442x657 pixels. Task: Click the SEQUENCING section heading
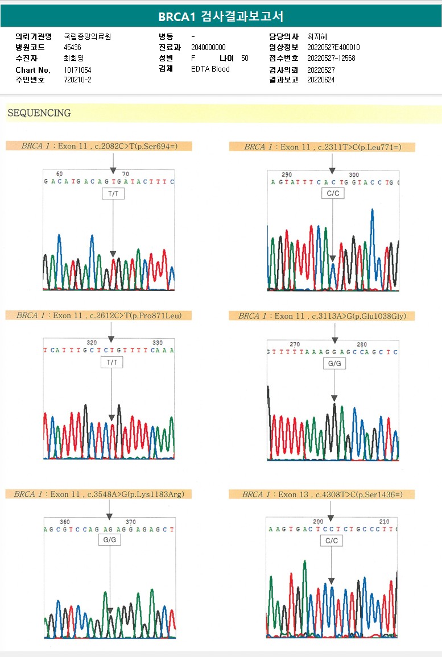(x=39, y=113)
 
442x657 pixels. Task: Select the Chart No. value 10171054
(x=77, y=70)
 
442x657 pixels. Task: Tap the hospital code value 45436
(x=72, y=47)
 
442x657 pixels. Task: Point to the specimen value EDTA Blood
(x=210, y=69)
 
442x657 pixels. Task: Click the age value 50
(x=245, y=58)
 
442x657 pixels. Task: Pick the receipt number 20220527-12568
(x=331, y=58)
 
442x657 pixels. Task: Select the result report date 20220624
(x=321, y=80)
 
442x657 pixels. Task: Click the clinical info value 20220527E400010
(x=333, y=47)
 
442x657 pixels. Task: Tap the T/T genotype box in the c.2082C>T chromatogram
(x=113, y=194)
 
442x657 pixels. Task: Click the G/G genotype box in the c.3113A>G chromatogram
(x=334, y=363)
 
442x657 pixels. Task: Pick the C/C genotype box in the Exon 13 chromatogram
(x=331, y=541)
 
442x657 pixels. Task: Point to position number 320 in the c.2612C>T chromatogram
(x=92, y=343)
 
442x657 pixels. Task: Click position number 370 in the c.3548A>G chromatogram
(x=131, y=522)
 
